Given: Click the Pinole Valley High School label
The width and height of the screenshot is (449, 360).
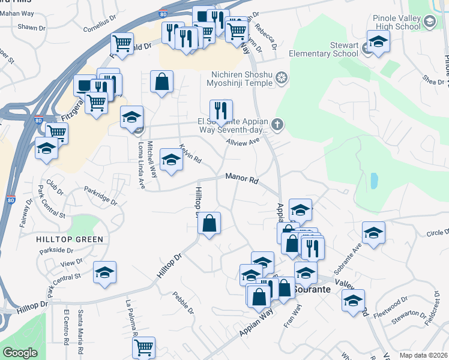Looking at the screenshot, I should [397, 22].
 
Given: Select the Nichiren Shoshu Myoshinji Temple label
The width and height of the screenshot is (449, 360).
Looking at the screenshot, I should [243, 79].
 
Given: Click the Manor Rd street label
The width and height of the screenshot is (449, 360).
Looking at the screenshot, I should [242, 178].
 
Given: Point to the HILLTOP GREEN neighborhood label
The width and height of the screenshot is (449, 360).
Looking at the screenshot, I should [70, 239].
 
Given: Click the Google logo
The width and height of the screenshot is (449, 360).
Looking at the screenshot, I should [19, 353].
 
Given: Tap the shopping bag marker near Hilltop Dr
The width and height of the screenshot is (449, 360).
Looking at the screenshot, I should [209, 224].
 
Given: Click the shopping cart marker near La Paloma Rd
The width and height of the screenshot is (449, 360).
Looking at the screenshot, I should [143, 347].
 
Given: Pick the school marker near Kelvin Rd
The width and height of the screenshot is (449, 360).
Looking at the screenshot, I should [172, 159].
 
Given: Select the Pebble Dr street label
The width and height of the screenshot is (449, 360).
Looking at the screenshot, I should [183, 302].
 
